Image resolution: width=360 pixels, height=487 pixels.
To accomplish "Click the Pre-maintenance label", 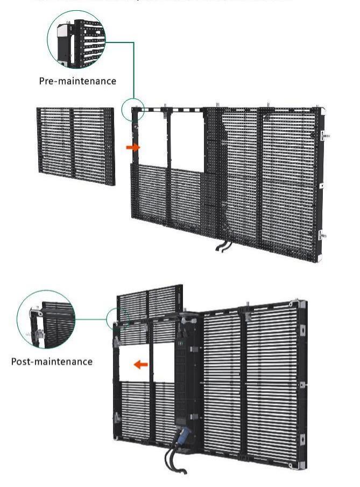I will coord(77,81).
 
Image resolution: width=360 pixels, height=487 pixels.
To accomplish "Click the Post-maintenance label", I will coord(52,361).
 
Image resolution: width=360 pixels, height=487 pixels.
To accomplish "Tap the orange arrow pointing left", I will coord(140,365).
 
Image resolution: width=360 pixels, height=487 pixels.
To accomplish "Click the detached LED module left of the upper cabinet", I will coord(75,146).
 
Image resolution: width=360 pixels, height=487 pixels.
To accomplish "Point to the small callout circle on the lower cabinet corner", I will coord(118,319).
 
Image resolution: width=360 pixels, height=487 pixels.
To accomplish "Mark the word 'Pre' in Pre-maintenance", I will coord(47,81).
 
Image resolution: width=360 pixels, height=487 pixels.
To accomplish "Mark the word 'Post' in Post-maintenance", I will coord(21,361).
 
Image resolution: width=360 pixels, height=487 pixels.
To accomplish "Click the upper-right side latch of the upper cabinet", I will coord(324,136).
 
